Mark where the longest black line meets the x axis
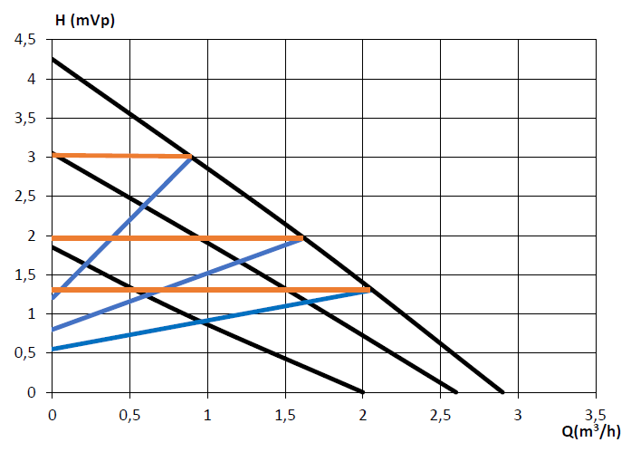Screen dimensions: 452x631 coord(502,392)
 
